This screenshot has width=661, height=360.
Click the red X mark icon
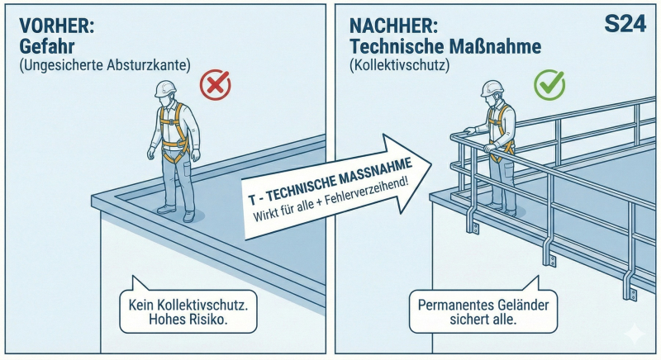coord(216,84)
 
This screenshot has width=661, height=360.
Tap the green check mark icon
coord(549,84)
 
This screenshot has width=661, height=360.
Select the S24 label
coord(625,24)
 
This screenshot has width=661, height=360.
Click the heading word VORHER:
coord(57,26)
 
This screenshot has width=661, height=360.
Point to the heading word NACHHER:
coord(394,26)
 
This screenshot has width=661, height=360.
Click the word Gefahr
coord(47,46)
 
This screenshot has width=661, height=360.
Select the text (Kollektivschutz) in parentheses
coord(400,65)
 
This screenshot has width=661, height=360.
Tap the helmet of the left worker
coord(165,89)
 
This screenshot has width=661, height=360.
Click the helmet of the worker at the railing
coord(492,88)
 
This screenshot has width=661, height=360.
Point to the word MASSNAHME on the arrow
coord(377,173)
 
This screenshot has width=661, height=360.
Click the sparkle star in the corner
coord(635,334)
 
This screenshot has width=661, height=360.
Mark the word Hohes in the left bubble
coord(164,320)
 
